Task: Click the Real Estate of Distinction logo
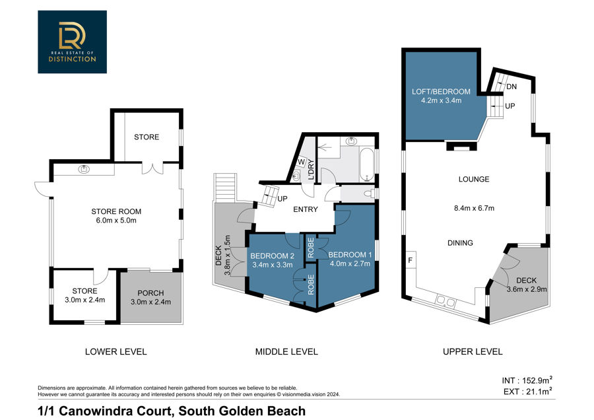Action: [x=72, y=42]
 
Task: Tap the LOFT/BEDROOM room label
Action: [x=441, y=91]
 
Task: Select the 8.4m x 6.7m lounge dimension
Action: [x=474, y=208]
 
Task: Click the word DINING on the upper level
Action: [x=460, y=243]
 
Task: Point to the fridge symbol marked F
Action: [x=411, y=260]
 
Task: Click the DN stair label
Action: [x=511, y=87]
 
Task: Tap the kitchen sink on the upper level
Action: [x=445, y=301]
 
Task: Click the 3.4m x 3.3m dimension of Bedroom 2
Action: [x=273, y=265]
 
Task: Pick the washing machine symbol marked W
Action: [x=301, y=162]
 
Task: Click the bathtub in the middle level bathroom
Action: [x=366, y=165]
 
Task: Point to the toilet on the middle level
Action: [x=368, y=193]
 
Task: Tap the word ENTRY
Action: [x=306, y=209]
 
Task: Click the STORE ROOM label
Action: [x=116, y=211]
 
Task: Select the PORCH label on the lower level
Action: [x=150, y=293]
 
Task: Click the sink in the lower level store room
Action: [x=84, y=169]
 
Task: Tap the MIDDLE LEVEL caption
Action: [x=286, y=352]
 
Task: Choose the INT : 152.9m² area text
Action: [x=527, y=380]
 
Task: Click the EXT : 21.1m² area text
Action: [x=528, y=392]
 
